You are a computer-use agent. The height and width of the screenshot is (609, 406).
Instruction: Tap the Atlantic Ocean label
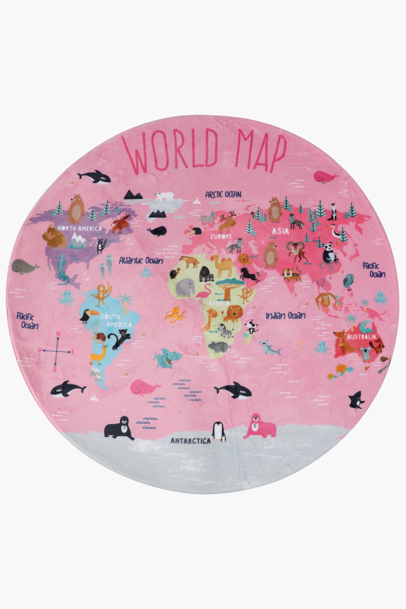(141, 260)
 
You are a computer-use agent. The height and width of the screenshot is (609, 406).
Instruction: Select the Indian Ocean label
(286, 316)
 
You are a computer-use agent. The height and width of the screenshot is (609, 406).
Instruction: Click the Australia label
(362, 337)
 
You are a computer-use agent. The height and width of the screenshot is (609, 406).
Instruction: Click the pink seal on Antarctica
(261, 427)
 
